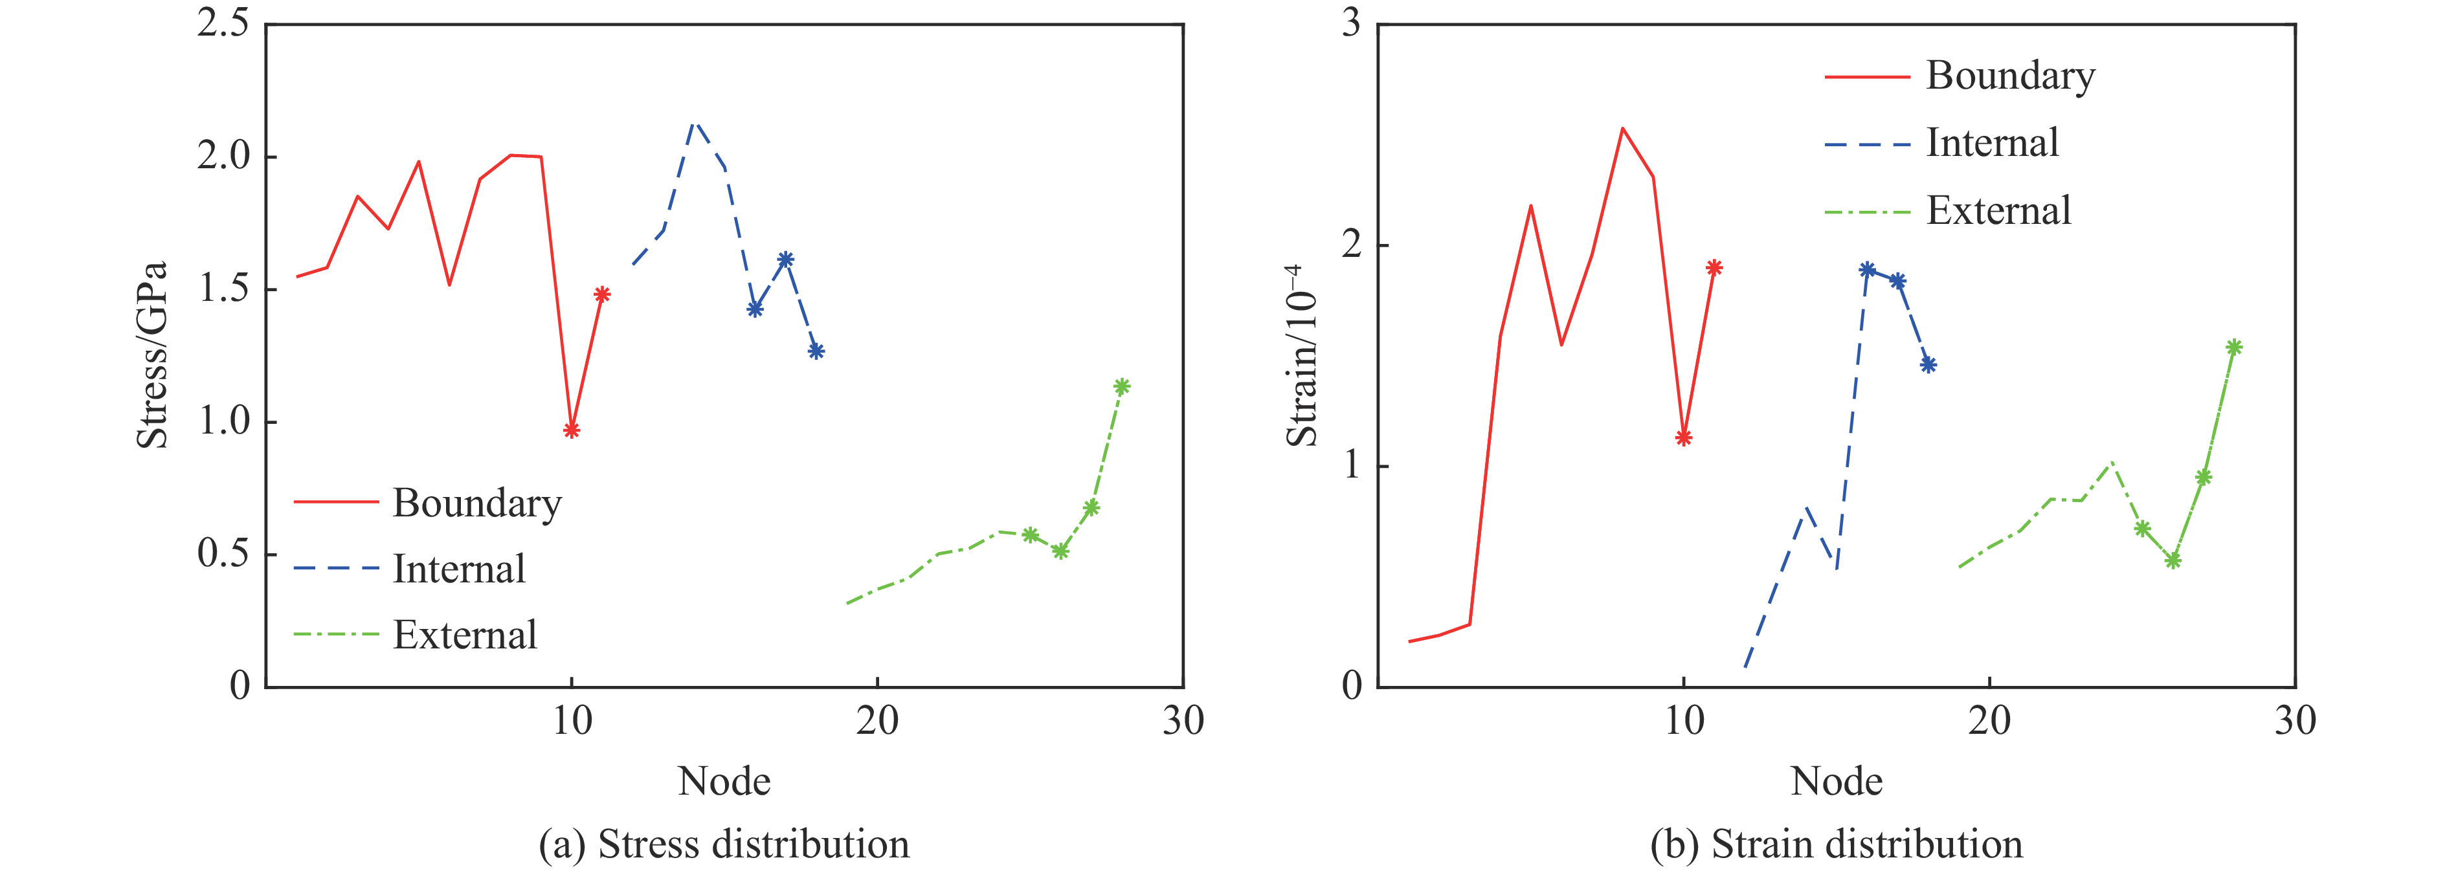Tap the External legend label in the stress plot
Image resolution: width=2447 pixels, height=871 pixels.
click(x=465, y=635)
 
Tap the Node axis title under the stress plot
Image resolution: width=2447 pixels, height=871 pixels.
click(x=724, y=782)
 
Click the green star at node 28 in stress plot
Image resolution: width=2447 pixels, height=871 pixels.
click(x=1122, y=386)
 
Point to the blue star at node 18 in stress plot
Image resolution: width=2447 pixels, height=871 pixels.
click(x=816, y=351)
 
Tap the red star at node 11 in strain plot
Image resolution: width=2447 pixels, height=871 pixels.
click(x=1714, y=268)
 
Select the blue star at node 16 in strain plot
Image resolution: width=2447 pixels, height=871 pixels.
click(x=1866, y=270)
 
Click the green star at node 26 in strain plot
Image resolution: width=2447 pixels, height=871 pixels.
click(x=2173, y=561)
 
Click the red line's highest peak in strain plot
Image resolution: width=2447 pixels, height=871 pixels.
click(x=1622, y=128)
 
